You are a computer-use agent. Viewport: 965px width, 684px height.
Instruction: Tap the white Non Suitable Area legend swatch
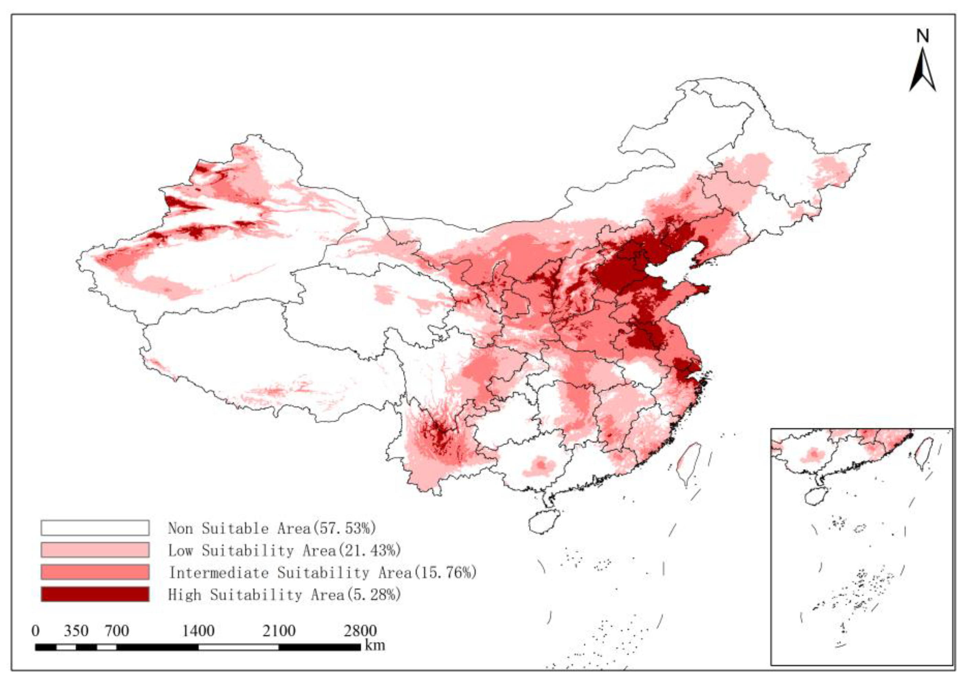coord(95,528)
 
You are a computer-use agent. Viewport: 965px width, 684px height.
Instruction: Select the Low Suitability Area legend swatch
coord(95,550)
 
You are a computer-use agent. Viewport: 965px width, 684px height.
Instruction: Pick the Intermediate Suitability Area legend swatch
coord(95,572)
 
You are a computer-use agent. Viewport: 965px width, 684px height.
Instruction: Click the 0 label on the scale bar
coord(35,631)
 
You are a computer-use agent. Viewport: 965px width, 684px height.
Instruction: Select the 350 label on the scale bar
coord(76,631)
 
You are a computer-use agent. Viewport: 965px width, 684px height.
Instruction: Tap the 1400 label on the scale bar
coord(198,631)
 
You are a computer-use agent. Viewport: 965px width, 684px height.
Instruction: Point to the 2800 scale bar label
coord(360,631)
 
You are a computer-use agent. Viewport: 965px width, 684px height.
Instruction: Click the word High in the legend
coord(184,594)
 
